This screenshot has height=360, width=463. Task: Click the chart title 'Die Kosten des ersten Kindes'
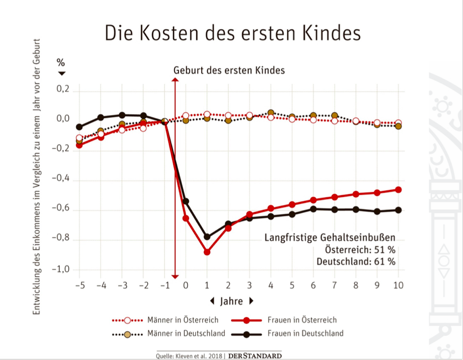pyautogui.click(x=232, y=33)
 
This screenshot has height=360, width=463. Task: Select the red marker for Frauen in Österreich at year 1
pyautogui.click(x=207, y=252)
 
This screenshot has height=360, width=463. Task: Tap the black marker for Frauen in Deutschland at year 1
pyautogui.click(x=207, y=237)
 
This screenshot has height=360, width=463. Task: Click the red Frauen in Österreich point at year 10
pyautogui.click(x=399, y=190)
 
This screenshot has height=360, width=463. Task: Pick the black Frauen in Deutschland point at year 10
pyautogui.click(x=399, y=210)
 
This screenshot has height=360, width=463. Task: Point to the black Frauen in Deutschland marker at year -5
pyautogui.click(x=79, y=127)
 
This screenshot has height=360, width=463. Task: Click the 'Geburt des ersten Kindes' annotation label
pyautogui.click(x=229, y=70)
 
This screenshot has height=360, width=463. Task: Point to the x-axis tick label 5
pyautogui.click(x=292, y=285)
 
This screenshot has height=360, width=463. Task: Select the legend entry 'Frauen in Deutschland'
pyautogui.click(x=305, y=333)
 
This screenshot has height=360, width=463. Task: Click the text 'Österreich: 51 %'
pyautogui.click(x=361, y=250)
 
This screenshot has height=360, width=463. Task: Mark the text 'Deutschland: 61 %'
pyautogui.click(x=356, y=261)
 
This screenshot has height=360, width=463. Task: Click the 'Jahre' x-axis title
pyautogui.click(x=232, y=301)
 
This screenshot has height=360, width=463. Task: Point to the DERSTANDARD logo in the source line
pyautogui.click(x=254, y=355)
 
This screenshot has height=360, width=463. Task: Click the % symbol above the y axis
pyautogui.click(x=61, y=63)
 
